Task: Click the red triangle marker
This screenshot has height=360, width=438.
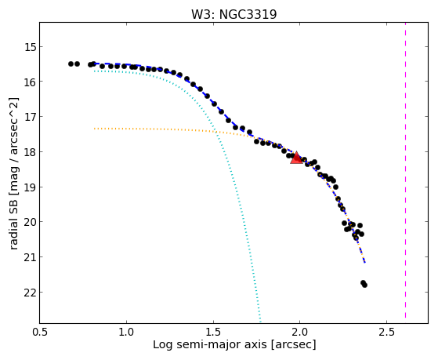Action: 296,158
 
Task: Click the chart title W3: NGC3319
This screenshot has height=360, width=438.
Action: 233,15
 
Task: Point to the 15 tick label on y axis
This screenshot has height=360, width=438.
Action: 31,47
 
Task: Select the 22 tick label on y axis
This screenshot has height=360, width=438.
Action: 31,293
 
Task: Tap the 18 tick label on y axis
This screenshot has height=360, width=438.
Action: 31,152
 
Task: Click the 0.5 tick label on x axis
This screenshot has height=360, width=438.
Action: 40,332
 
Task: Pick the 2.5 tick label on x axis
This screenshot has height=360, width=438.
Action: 386,332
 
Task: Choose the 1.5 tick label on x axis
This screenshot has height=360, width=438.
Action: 213,332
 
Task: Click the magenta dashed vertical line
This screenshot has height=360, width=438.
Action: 405,170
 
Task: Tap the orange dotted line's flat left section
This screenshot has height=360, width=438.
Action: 154,129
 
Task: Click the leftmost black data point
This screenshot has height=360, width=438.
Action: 71,64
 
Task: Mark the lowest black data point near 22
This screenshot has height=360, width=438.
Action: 364,285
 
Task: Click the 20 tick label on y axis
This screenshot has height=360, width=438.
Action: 31,222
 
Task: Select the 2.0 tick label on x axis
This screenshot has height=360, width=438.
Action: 300,332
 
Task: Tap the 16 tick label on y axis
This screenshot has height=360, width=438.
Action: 31,82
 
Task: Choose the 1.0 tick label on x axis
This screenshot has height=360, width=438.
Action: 126,332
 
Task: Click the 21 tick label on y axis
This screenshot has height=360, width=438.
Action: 31,257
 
